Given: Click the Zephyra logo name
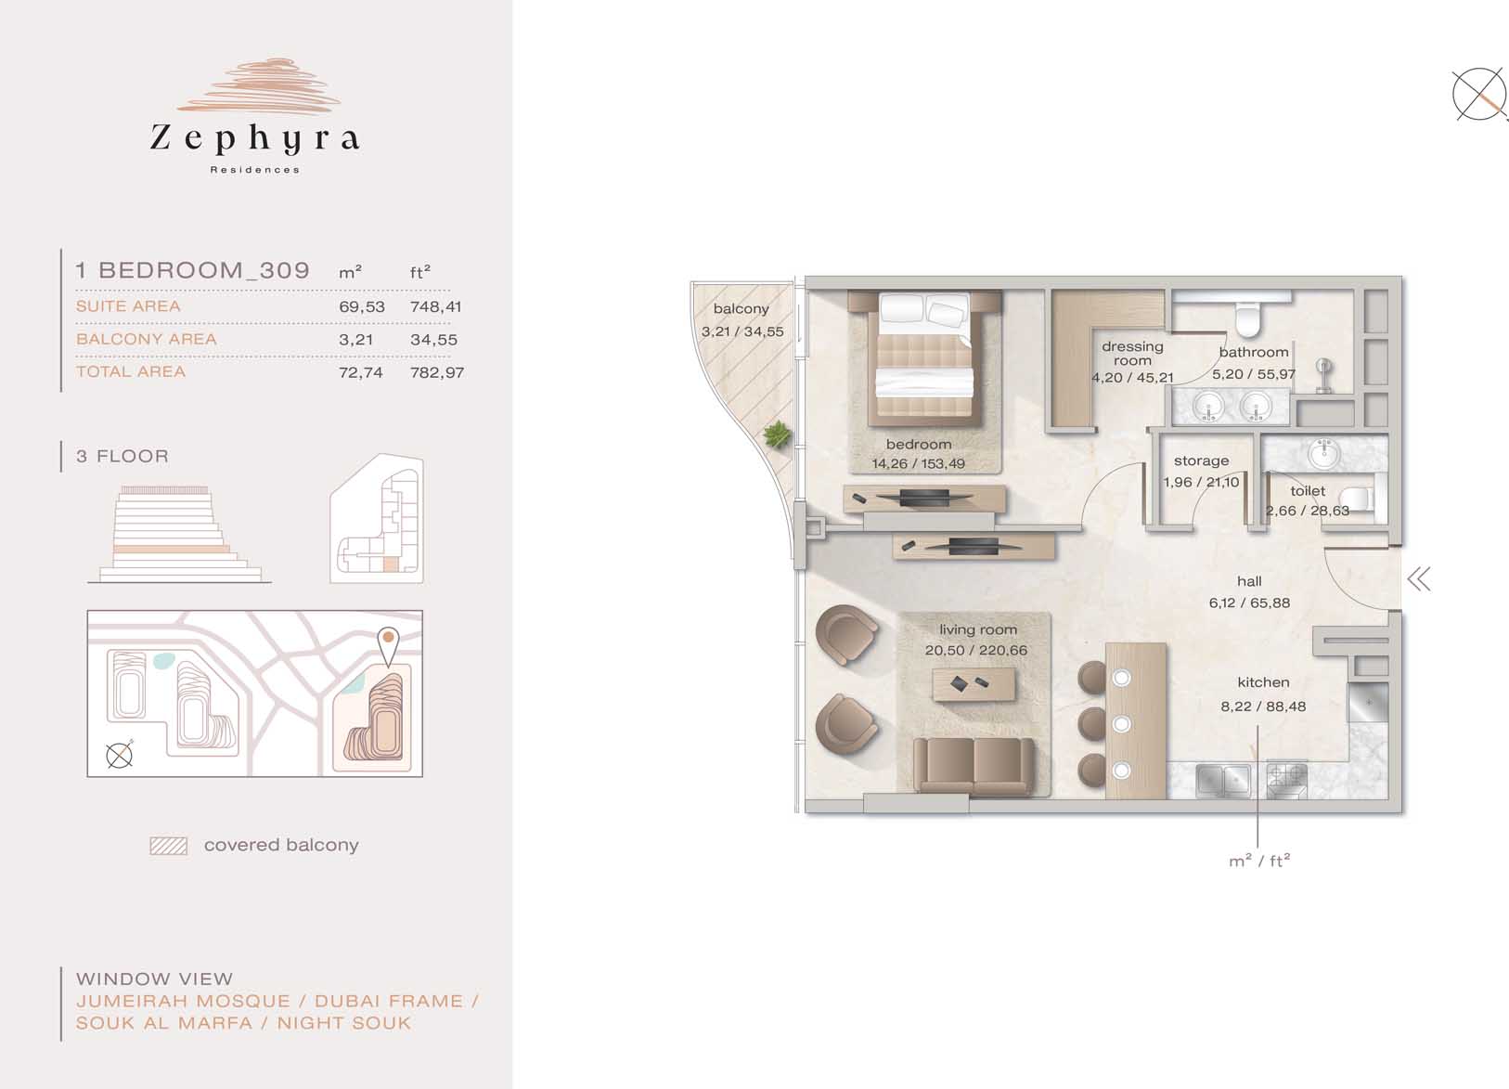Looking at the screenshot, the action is (x=254, y=139).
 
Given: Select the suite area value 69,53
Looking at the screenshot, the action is (x=362, y=306).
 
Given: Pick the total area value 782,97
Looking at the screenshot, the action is (x=437, y=372).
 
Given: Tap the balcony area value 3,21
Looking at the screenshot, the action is (x=355, y=340).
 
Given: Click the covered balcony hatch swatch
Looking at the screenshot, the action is (x=168, y=846).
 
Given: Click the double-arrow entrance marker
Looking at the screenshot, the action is (x=1419, y=579).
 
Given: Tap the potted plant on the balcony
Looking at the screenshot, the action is (x=776, y=434).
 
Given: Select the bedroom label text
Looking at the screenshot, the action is (x=919, y=444).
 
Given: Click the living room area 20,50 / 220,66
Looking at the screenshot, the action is (x=976, y=650).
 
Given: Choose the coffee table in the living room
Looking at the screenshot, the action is (x=974, y=684).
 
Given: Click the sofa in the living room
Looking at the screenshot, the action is (x=974, y=766).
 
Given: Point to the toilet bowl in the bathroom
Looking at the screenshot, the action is (x=1247, y=318).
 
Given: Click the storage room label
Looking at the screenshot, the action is (x=1201, y=460).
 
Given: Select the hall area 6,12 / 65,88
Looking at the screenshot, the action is (x=1250, y=603).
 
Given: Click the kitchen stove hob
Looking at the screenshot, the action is (x=1286, y=781).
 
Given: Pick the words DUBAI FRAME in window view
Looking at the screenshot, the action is (x=389, y=1002).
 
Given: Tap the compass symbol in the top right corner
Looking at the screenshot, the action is (x=1478, y=95).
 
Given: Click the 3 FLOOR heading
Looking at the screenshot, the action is (x=123, y=456).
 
